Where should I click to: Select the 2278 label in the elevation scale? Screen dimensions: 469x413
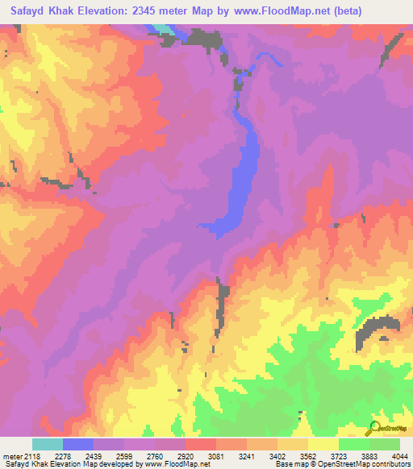(x=78, y=456)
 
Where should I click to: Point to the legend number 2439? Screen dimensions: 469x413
(x=109, y=456)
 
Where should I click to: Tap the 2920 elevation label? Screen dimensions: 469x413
(x=201, y=456)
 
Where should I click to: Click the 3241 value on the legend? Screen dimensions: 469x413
(x=262, y=456)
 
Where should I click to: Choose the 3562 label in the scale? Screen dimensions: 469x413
(x=323, y=456)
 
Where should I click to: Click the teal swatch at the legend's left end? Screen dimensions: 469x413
(x=48, y=444)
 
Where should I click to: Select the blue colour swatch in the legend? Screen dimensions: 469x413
(x=78, y=444)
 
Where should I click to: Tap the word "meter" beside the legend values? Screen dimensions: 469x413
(x=12, y=456)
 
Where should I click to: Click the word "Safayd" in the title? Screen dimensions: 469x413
(x=29, y=11)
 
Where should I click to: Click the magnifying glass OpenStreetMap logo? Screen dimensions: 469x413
(x=373, y=428)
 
